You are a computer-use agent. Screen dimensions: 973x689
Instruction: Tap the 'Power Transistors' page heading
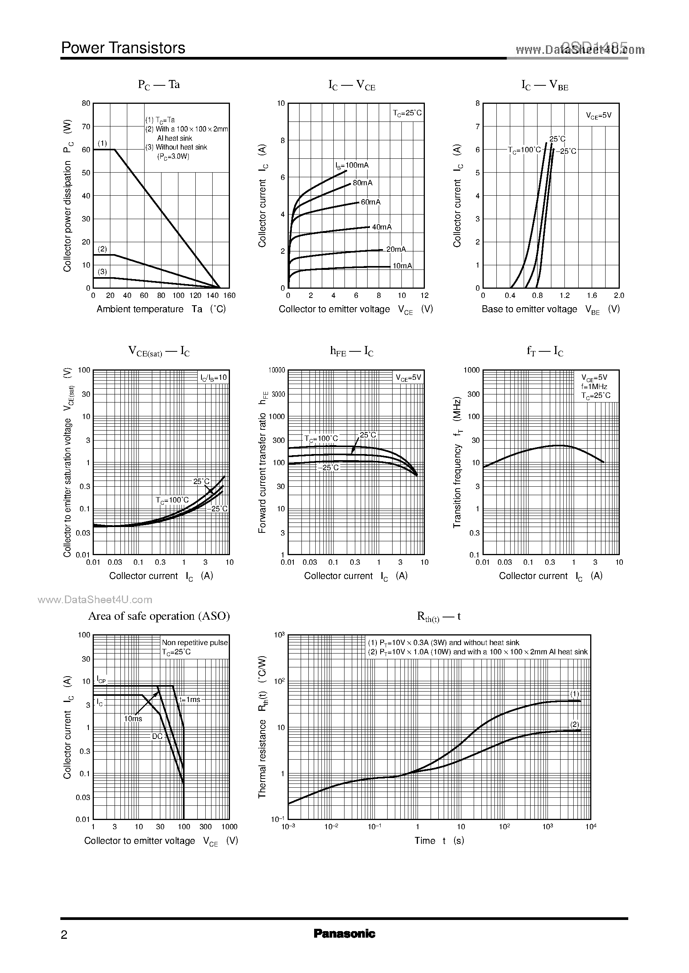pos(123,48)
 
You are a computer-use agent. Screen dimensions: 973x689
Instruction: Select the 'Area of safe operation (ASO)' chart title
pos(159,616)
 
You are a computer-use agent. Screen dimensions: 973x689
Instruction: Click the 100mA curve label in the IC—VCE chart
pos(352,165)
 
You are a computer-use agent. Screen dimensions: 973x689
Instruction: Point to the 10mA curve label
pos(402,266)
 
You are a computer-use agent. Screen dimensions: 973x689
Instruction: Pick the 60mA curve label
pos(371,202)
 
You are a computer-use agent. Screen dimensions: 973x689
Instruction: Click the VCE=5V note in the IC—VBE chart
pos(599,115)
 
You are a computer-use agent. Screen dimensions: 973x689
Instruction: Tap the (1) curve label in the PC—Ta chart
pos(102,143)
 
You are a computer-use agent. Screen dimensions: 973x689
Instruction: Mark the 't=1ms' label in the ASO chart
pos(189,699)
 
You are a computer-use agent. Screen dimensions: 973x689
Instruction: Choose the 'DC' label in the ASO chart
pos(157,736)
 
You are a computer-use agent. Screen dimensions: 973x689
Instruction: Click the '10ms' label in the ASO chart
pos(133,719)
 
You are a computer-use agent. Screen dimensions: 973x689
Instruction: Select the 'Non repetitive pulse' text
pos(195,643)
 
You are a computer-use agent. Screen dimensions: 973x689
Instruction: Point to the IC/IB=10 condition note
pos(214,378)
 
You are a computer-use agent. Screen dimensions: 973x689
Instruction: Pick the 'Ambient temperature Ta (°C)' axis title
pos(161,309)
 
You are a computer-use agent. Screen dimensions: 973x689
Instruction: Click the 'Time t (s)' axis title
pos(439,841)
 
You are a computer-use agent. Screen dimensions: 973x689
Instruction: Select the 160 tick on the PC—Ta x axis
pos(229,296)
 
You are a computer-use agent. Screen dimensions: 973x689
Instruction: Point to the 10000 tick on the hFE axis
pos(276,370)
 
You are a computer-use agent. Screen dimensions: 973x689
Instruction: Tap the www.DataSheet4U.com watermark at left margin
pos(95,600)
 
